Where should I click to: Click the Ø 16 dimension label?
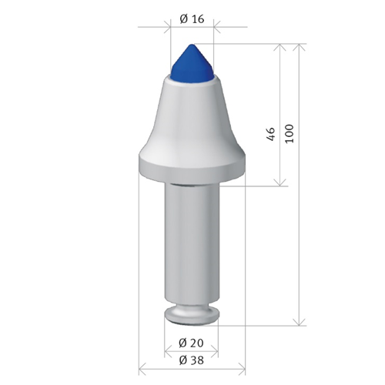tap(191, 18)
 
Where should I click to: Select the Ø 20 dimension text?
tap(191, 342)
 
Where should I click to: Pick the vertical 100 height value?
tap(289, 133)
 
